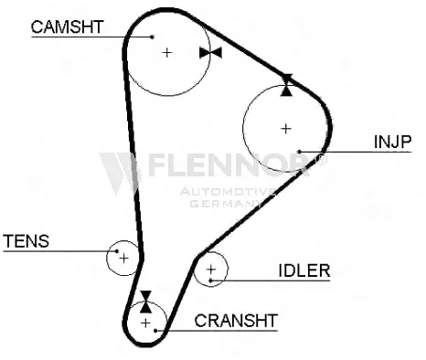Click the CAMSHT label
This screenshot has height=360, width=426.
coord(68,26)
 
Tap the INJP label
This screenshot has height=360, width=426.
coord(392,142)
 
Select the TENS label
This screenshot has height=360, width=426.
coord(27,241)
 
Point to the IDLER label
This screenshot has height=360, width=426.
coord(304,270)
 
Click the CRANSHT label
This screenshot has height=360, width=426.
coord(236,321)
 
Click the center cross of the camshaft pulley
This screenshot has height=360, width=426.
coord(166,53)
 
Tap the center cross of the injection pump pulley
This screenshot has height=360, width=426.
coord(286,129)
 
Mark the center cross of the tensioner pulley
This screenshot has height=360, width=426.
coord(123,259)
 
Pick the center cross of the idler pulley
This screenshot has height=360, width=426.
coord(211,270)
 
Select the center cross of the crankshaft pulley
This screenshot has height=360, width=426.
coord(146,323)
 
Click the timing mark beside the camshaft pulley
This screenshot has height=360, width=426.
coord(210,53)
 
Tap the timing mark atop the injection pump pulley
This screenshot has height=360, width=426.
coord(286,85)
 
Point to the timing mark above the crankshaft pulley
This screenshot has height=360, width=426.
coord(146,302)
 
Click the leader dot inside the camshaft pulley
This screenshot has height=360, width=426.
coord(153,37)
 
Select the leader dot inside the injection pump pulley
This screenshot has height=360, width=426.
coord(299,152)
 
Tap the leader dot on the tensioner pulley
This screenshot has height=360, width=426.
coord(117,251)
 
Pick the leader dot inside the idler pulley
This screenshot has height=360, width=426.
coord(210,281)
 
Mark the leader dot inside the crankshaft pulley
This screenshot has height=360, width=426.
coord(155,330)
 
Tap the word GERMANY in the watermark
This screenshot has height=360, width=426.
coord(226,204)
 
